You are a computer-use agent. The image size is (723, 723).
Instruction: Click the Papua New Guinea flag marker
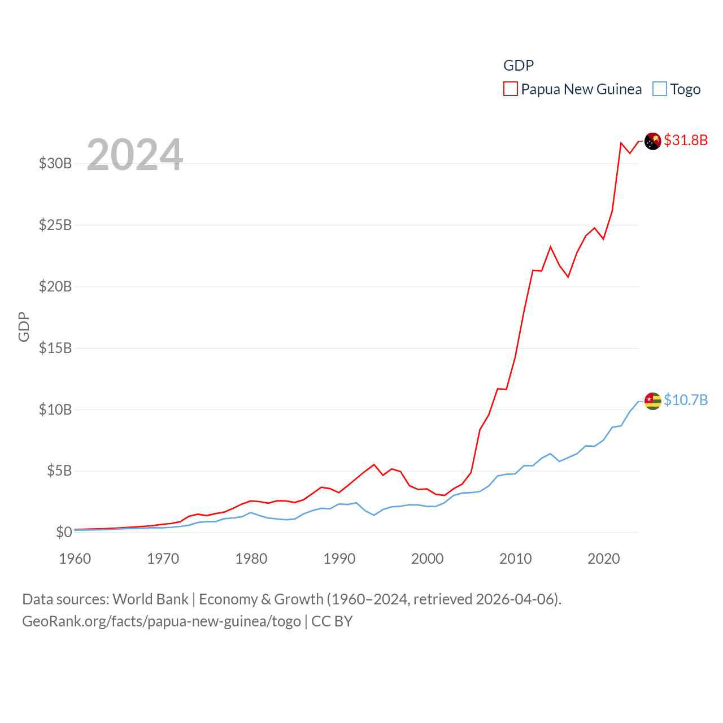click(x=652, y=141)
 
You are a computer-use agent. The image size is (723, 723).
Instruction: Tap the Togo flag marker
click(x=652, y=401)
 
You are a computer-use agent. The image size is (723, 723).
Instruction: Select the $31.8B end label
click(x=686, y=140)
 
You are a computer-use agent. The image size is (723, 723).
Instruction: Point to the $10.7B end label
click(x=686, y=400)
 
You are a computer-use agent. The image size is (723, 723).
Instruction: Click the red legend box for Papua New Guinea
click(x=510, y=89)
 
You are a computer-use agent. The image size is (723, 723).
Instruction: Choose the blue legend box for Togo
click(x=659, y=89)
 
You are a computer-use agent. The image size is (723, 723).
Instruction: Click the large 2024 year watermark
click(x=134, y=155)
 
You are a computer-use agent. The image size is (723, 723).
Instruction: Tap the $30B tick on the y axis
click(x=55, y=164)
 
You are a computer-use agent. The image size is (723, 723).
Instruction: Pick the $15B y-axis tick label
click(x=55, y=348)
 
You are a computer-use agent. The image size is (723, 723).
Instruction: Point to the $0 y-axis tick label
click(x=64, y=532)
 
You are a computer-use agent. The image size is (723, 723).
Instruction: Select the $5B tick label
click(x=59, y=471)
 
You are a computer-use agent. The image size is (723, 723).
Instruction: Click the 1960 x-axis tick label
click(x=75, y=559)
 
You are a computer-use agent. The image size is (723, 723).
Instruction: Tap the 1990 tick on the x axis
click(x=339, y=559)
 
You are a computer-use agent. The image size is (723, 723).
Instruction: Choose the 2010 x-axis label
click(x=516, y=559)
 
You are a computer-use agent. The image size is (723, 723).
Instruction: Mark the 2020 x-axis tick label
click(x=604, y=559)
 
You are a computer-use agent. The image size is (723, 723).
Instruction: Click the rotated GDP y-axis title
click(x=24, y=326)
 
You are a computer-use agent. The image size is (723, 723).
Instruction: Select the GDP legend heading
click(x=519, y=66)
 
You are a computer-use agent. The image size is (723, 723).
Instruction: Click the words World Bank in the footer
click(x=151, y=599)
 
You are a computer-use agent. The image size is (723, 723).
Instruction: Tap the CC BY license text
click(x=332, y=621)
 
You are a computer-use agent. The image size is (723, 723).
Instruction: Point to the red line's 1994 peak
click(x=374, y=464)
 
